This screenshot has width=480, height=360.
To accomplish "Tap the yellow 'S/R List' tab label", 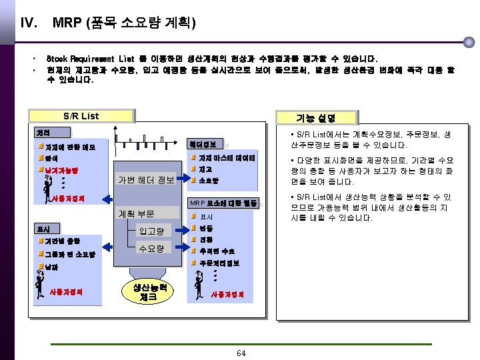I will click(x=81, y=116).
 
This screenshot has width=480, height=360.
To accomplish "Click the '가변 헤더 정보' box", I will click(x=146, y=180).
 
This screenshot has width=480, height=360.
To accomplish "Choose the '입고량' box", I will click(x=151, y=231).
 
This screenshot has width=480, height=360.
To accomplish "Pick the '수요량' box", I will click(x=151, y=249).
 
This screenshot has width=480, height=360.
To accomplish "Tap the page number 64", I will click(x=241, y=353).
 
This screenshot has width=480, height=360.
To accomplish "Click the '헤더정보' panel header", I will click(x=202, y=145).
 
